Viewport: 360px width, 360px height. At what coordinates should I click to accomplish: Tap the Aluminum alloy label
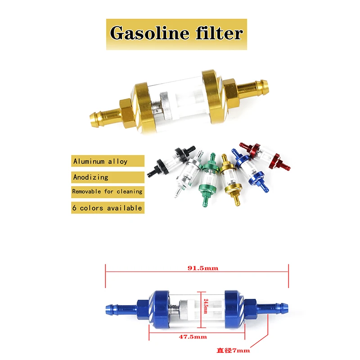(100, 161)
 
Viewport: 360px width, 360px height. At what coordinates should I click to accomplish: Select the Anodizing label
(91, 177)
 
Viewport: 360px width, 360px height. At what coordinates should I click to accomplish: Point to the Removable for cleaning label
(107, 191)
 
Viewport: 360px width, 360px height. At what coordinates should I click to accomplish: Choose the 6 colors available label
(107, 208)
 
